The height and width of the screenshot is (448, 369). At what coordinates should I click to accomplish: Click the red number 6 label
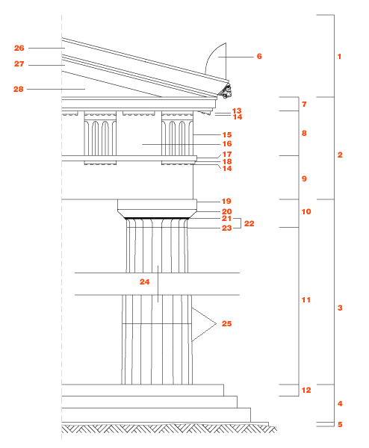coord(259,56)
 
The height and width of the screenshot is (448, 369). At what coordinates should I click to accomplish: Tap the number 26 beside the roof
coord(19,48)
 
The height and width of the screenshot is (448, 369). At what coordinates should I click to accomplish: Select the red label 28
coord(19,89)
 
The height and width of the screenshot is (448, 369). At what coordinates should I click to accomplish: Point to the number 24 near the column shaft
coord(145,282)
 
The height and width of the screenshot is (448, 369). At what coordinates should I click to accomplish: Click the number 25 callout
coord(226,324)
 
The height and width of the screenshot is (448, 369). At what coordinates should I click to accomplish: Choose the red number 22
coord(249,223)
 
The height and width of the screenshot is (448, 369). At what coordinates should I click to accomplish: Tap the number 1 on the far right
coord(340,57)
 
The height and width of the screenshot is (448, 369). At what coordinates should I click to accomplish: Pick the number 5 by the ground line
coord(340,424)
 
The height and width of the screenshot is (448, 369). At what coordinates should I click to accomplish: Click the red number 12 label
coord(306,391)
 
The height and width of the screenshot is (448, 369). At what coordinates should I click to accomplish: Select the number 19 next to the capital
coord(226,201)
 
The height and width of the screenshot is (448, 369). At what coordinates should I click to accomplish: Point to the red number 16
coord(227,143)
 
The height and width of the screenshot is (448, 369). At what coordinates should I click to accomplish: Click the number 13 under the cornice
coord(237,111)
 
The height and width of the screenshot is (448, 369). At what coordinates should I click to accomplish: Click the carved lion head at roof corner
coord(226,91)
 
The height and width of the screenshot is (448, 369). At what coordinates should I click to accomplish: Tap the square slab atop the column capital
coord(157,205)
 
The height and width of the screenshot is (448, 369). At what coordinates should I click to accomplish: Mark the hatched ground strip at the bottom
coord(169,429)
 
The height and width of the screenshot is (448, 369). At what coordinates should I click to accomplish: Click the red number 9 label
coord(304,179)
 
